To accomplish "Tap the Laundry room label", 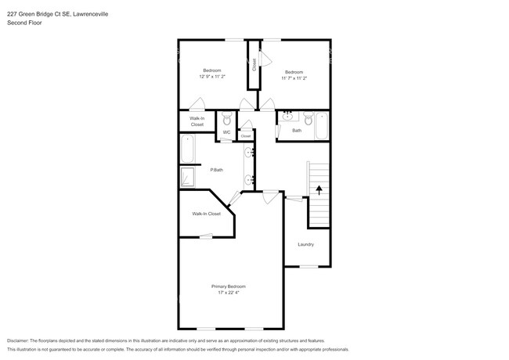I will (305, 244).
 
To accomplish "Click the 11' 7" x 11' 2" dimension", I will (294, 77).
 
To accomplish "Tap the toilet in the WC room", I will (226, 120).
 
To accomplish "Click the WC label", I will (226, 132).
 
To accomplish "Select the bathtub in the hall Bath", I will (321, 125).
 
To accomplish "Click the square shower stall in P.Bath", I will (188, 177).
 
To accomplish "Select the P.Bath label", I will (216, 170).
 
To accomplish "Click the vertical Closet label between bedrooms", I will (254, 65).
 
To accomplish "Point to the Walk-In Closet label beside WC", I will (197, 121).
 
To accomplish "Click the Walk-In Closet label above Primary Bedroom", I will (207, 214).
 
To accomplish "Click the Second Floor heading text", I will (26, 23).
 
